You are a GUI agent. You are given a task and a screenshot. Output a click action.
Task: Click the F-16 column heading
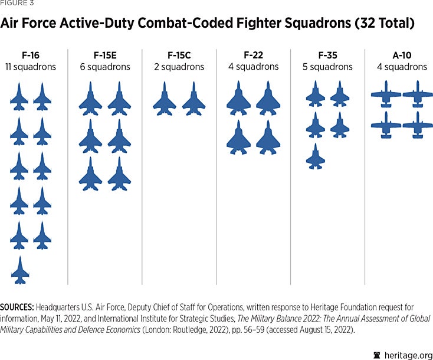point(31,55)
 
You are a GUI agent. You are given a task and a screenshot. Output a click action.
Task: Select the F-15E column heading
point(105,55)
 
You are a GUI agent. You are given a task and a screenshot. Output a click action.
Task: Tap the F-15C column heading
point(179,55)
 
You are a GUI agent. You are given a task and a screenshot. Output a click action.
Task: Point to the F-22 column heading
point(253,55)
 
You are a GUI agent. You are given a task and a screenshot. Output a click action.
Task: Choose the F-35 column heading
point(327,55)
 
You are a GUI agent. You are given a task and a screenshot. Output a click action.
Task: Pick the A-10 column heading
point(402,55)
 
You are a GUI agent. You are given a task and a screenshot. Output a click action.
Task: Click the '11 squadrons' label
point(31,67)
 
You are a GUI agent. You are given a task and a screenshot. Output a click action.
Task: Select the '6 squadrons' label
point(105,67)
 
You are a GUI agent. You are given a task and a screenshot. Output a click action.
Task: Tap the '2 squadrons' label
point(179,67)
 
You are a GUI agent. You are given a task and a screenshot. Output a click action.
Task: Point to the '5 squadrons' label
point(327,67)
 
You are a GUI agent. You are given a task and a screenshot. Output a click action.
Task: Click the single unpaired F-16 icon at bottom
point(19,270)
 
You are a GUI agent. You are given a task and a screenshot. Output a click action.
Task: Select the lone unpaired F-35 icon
point(316,157)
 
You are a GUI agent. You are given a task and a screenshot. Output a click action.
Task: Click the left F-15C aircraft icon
point(165,99)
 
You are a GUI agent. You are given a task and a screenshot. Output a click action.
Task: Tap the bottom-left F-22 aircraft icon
point(238,138)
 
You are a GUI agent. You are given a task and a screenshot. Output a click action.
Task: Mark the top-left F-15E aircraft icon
point(90,99)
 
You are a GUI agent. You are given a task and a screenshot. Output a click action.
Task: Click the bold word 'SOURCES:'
point(17,307)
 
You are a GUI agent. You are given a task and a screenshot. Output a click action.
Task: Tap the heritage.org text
point(407,354)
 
